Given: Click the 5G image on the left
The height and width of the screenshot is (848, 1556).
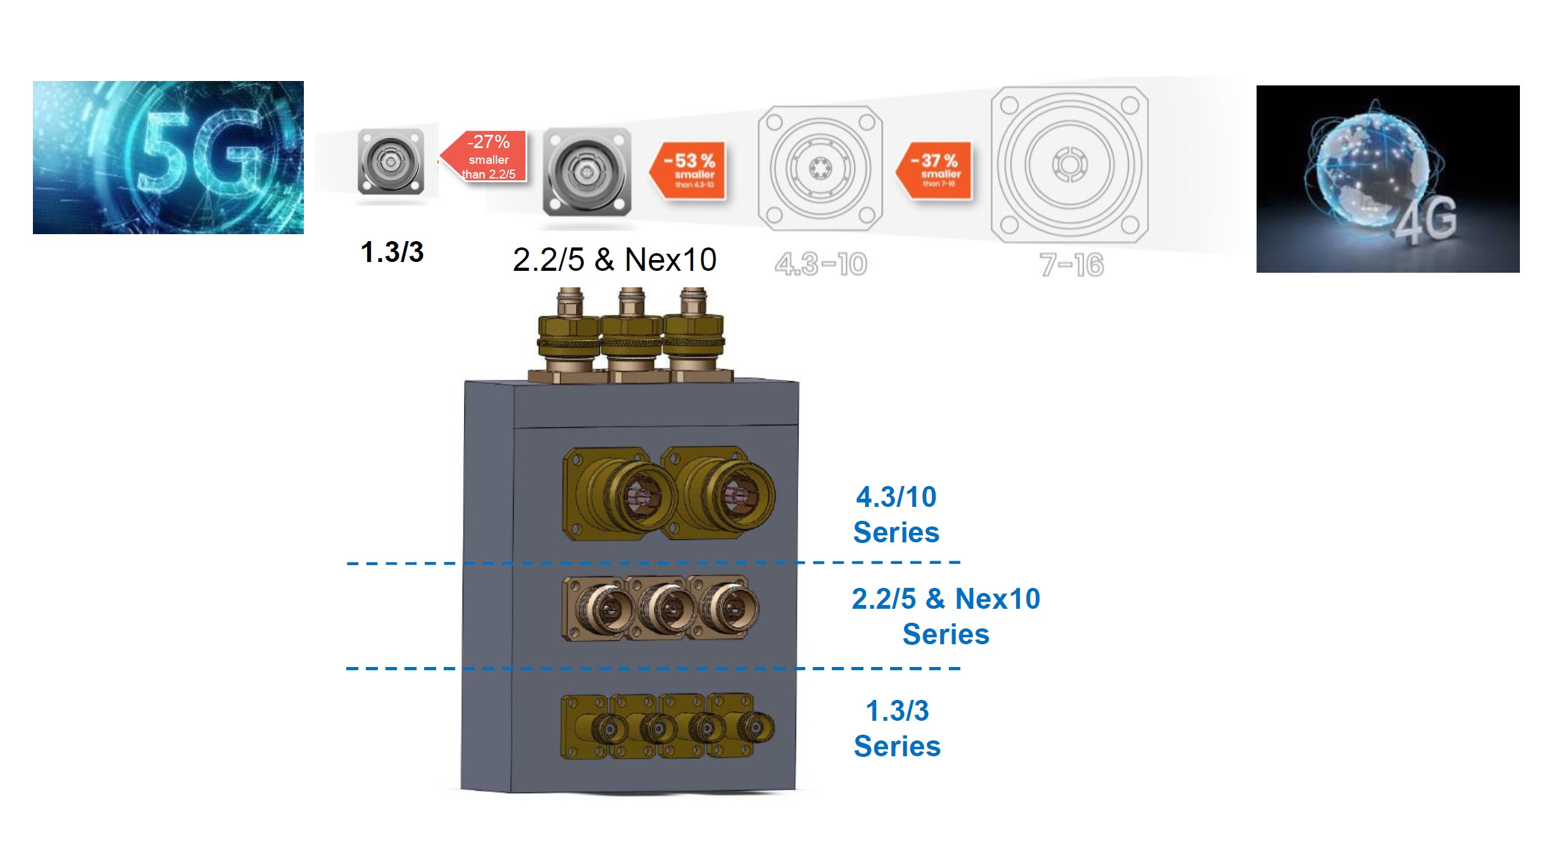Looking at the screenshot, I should click(x=168, y=158).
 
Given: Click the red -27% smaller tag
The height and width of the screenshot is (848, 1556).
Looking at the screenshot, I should click(x=487, y=157).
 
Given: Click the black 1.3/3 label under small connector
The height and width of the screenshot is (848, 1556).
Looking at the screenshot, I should click(x=392, y=253).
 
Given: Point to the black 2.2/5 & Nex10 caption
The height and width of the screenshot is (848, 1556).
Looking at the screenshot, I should click(x=614, y=259).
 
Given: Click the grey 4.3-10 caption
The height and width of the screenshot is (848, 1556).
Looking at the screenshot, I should click(x=820, y=264).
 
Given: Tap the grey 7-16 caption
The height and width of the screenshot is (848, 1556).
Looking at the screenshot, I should click(x=1071, y=265).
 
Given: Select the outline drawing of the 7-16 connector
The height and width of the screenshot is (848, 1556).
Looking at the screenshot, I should click(x=1069, y=165).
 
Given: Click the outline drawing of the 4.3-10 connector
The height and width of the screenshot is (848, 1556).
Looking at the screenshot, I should click(x=820, y=168).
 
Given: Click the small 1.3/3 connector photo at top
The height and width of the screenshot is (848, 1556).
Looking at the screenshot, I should click(x=391, y=162).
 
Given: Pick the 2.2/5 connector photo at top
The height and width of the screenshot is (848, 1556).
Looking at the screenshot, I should click(x=587, y=171).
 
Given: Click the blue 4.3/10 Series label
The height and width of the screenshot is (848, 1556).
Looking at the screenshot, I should click(x=896, y=514).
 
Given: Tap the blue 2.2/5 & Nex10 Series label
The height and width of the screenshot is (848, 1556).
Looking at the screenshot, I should click(x=945, y=616).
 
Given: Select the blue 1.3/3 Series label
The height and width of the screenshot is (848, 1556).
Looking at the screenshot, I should click(x=896, y=728).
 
